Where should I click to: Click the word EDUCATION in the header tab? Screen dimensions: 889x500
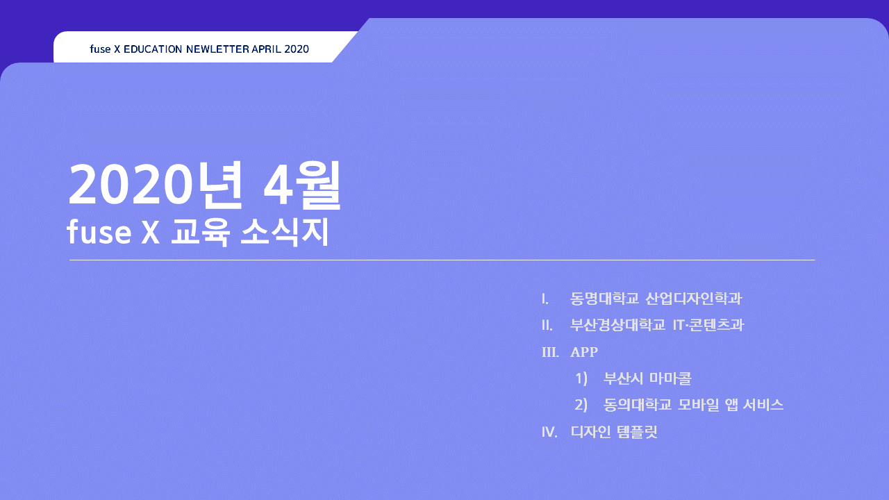click(153, 49)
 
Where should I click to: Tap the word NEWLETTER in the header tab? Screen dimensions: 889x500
click(217, 49)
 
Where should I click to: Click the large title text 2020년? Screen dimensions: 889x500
click(156, 185)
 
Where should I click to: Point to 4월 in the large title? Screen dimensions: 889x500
click(302, 185)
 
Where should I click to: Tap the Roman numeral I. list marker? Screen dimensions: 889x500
click(545, 299)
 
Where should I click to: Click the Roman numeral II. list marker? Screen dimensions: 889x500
click(547, 326)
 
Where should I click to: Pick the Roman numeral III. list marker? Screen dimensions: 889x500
click(550, 352)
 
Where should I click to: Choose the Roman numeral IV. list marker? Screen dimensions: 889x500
click(549, 432)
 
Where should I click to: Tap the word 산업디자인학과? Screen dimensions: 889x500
click(694, 299)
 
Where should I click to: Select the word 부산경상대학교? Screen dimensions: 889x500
click(618, 325)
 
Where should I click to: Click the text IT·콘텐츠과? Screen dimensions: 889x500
click(708, 325)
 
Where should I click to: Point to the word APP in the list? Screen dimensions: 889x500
click(584, 352)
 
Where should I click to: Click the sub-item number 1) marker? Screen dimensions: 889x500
click(581, 378)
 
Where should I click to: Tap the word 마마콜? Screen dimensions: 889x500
click(670, 378)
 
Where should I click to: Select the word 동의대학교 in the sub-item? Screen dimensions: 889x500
click(638, 405)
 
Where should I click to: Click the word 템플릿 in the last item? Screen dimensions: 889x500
click(637, 431)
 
